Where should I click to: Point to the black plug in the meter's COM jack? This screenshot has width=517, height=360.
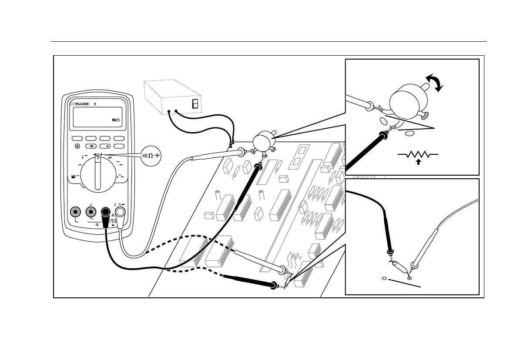pyautogui.click(x=105, y=214)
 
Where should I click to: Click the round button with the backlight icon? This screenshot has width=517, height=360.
pyautogui.click(x=78, y=147)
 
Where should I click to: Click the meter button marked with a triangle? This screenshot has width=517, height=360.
pyautogui.click(x=106, y=147)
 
